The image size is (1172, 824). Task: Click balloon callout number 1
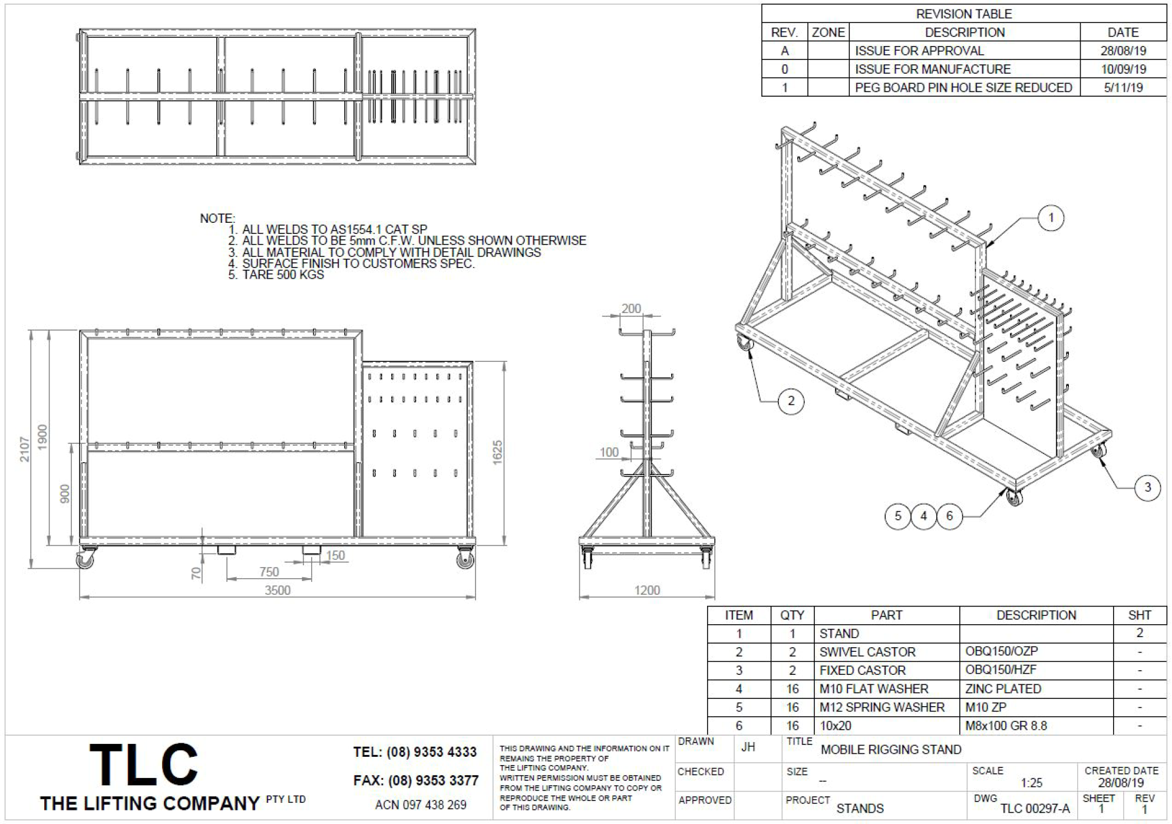pos(1051,218)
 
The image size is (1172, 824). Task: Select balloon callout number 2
pos(791,401)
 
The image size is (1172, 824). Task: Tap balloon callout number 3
pos(1147,487)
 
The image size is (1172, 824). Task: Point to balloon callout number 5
pos(898,516)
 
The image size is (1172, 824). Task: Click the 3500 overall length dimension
pos(278,591)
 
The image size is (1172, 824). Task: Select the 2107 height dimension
pos(25,449)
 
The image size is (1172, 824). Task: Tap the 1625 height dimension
pos(497,453)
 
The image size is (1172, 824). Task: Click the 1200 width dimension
pos(647,591)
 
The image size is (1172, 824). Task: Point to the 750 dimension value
pos(269,572)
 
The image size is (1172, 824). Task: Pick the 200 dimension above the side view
pos(631,308)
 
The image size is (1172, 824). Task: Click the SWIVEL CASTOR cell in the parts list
pos(867,652)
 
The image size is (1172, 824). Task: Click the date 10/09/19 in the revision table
pos(1123,69)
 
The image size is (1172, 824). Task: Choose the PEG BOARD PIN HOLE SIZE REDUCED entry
pos(963,88)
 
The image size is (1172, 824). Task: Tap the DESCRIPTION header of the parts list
pos(1036,615)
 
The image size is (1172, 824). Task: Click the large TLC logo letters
pos(143,764)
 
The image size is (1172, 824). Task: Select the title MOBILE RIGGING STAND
pos(891,750)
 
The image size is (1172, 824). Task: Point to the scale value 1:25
pos(1032,783)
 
